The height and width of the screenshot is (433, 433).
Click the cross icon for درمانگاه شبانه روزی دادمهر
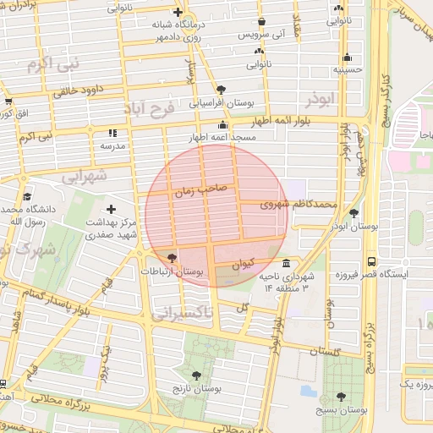pyautogui.click(x=177, y=12)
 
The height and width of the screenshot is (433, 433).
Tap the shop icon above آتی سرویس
pyautogui.click(x=261, y=21)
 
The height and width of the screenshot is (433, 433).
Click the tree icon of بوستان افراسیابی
pyautogui.click(x=221, y=88)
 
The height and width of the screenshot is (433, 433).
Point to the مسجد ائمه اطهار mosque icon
pyautogui.click(x=222, y=124)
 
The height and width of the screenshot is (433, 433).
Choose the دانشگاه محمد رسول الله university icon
pyautogui.click(x=28, y=195)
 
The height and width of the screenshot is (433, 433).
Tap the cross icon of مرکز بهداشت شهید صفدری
pyautogui.click(x=111, y=208)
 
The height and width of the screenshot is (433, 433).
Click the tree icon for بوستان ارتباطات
pyautogui.click(x=173, y=257)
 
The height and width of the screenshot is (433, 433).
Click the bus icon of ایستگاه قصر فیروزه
pyautogui.click(x=371, y=261)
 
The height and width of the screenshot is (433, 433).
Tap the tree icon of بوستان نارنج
pyautogui.click(x=197, y=375)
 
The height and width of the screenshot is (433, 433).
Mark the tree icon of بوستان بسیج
pyautogui.click(x=341, y=396)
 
